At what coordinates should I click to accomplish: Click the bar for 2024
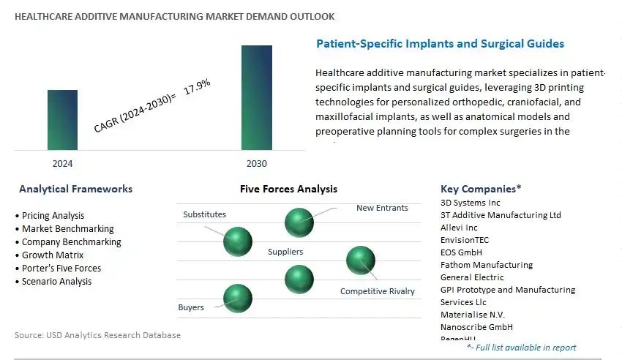(62, 120)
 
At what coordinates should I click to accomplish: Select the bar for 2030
(257, 98)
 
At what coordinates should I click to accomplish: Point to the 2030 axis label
(257, 163)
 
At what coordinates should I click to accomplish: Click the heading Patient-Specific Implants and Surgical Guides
(440, 44)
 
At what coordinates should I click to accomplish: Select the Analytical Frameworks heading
(75, 189)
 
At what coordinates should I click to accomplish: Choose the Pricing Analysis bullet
(53, 216)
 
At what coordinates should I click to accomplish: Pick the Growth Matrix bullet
(53, 255)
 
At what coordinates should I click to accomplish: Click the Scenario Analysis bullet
(56, 282)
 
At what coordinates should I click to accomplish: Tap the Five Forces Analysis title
(288, 189)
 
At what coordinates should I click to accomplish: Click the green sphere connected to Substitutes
(238, 241)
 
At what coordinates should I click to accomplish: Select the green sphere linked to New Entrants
(299, 222)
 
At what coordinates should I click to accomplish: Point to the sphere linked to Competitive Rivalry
(360, 260)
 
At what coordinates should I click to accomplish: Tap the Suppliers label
(285, 252)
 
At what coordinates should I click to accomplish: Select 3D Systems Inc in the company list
(471, 203)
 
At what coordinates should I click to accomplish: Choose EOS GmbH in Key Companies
(461, 252)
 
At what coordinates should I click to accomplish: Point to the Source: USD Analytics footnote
(97, 335)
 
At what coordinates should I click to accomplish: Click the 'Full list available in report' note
(521, 348)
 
